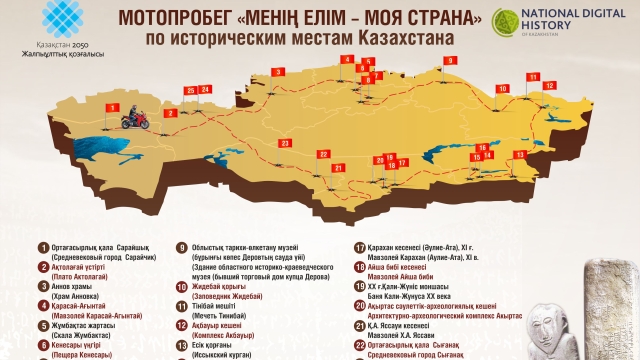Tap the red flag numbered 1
pos(114,105)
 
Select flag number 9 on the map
pos(450,62)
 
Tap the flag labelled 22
pos(325,155)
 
